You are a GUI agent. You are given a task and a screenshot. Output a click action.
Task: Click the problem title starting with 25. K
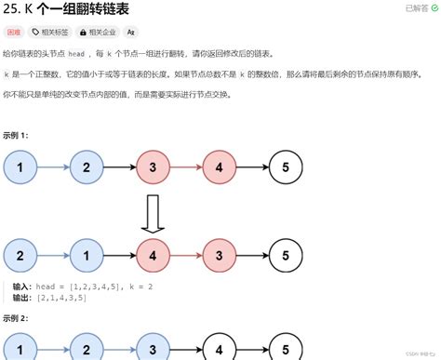[x=65, y=10]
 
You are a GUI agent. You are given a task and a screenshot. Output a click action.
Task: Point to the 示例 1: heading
[x=16, y=135]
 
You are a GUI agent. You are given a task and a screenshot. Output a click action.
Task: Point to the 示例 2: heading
[x=16, y=317]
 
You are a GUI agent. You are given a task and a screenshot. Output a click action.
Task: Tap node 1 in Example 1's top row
[x=20, y=167]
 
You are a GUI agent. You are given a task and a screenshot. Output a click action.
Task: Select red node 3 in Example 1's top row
[x=153, y=167]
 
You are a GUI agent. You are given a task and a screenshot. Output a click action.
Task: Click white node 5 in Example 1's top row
[x=286, y=167]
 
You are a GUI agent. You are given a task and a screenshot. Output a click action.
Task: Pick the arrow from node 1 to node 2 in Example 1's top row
[x=53, y=167]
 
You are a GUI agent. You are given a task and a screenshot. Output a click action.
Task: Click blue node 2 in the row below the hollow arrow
[x=20, y=255]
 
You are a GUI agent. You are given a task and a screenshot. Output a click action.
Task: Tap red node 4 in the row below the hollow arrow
[x=153, y=255]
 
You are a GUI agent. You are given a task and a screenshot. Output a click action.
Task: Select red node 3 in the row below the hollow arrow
[x=220, y=255]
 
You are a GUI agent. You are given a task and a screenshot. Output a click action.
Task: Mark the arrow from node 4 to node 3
[x=186, y=255]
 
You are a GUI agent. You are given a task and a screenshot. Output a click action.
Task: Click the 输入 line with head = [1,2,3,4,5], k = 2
[x=83, y=287]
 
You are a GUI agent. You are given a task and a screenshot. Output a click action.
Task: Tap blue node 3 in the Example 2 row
[x=153, y=350]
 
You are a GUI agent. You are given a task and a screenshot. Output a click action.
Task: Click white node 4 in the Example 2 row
[x=220, y=350]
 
